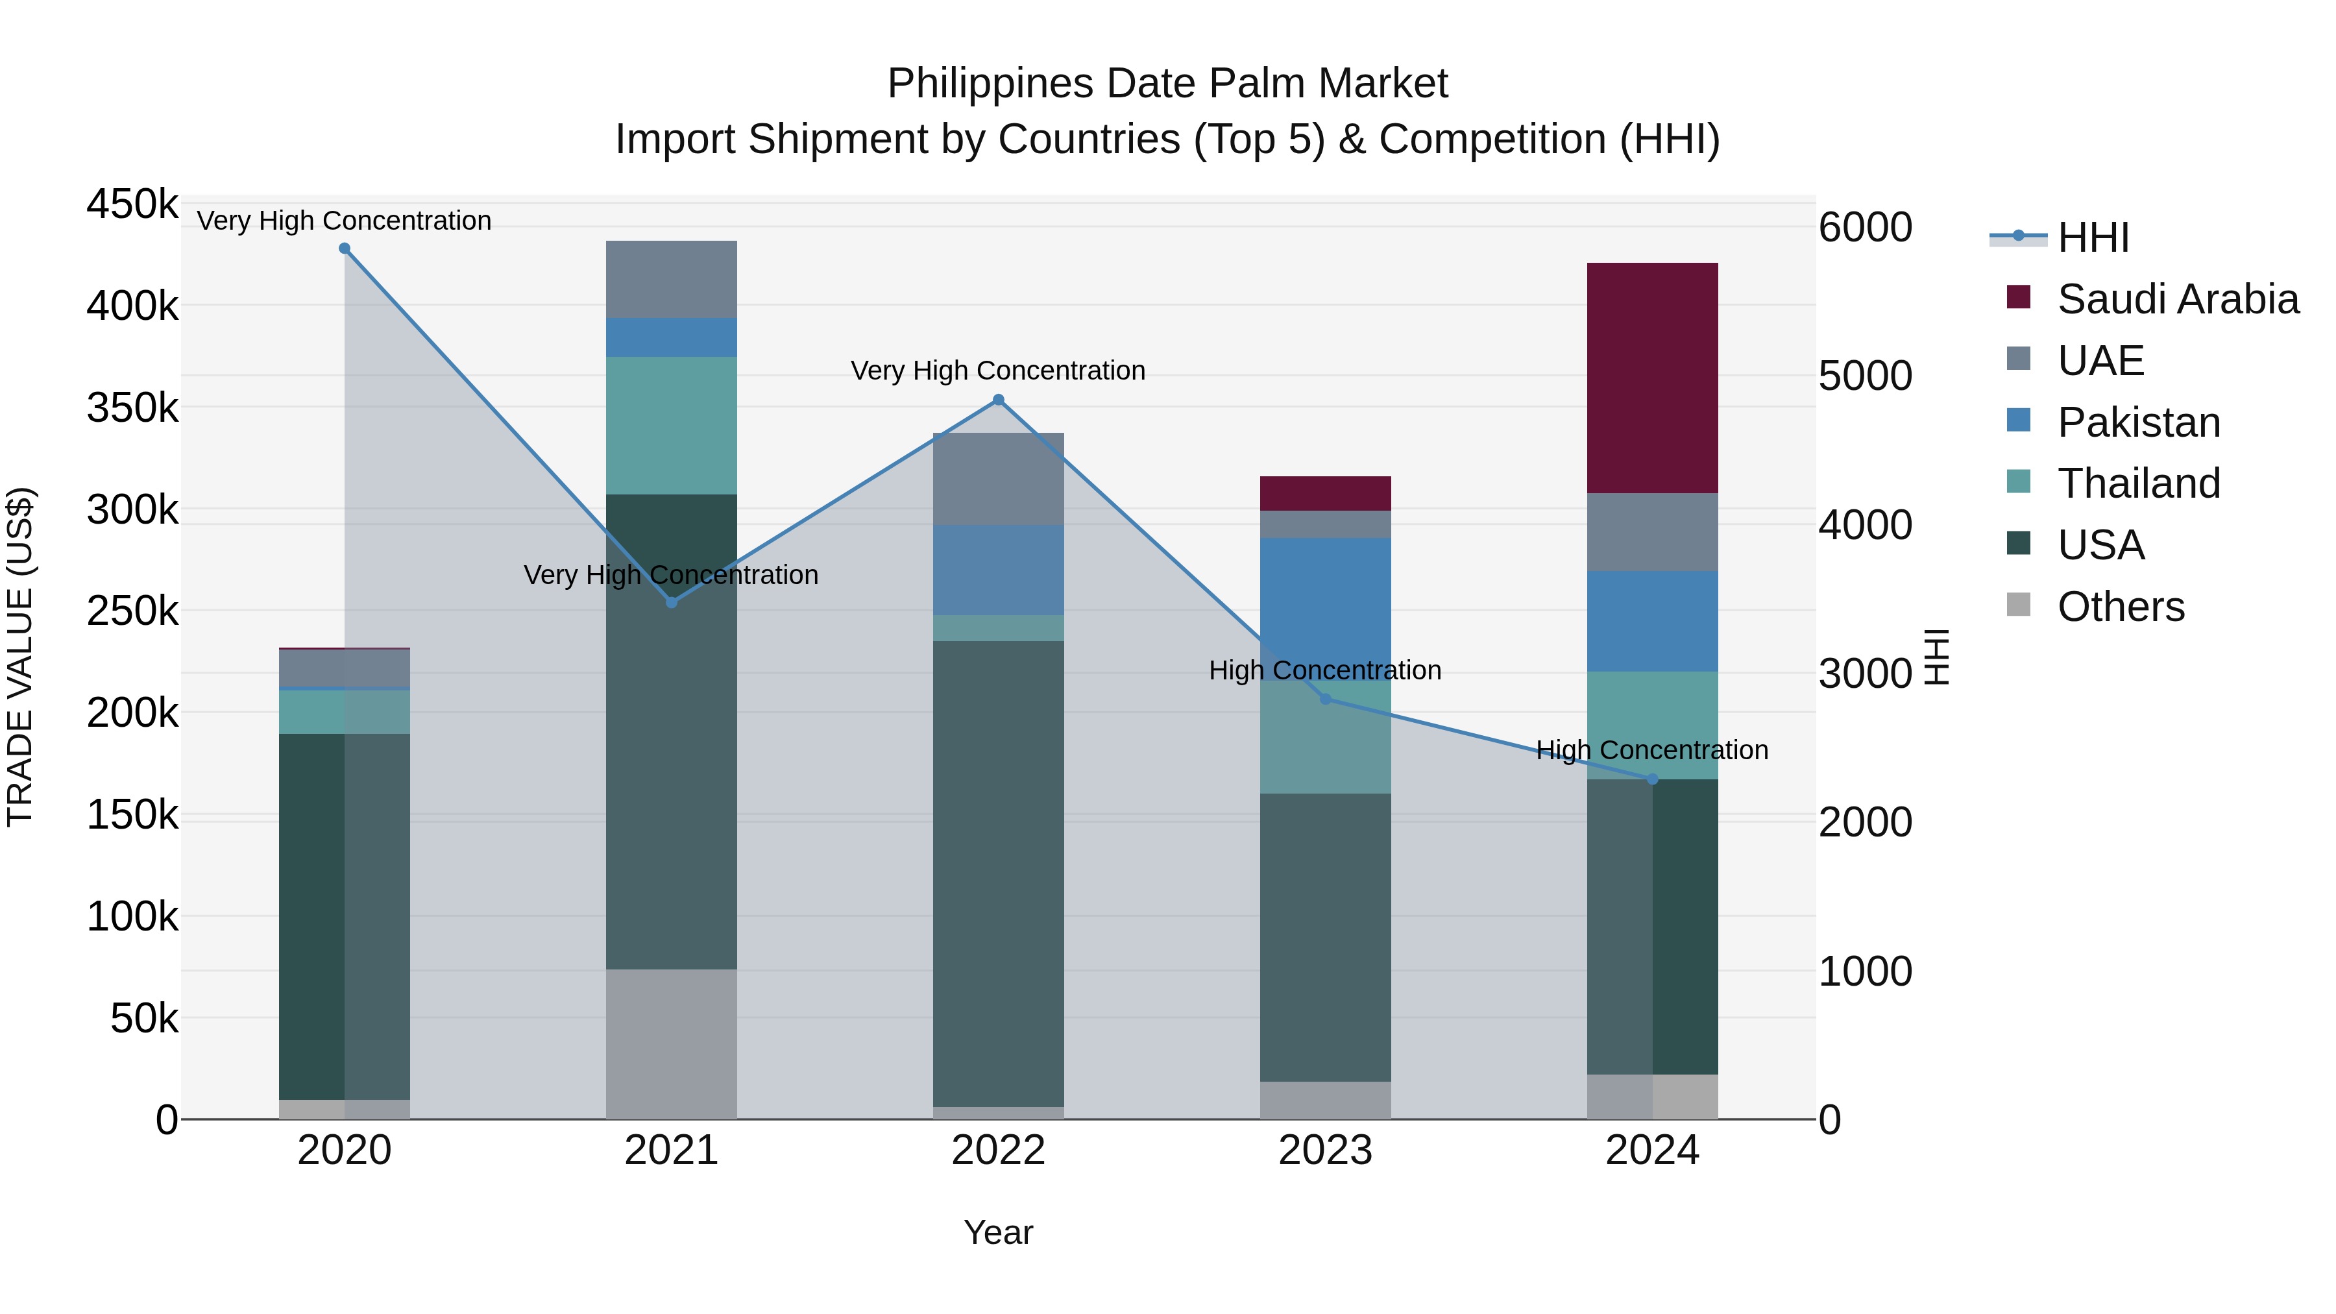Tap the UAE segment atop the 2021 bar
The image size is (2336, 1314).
click(x=671, y=279)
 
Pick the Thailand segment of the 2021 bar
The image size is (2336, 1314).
click(x=671, y=424)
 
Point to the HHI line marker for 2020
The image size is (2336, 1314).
click(x=345, y=249)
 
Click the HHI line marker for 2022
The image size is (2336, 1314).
click(x=999, y=400)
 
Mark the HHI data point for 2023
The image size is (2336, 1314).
click(x=1325, y=699)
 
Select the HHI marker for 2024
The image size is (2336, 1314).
click(x=1651, y=779)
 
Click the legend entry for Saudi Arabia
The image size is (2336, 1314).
click(x=2177, y=299)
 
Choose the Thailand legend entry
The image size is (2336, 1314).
click(x=2138, y=483)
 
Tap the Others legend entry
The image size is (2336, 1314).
click(x=2120, y=607)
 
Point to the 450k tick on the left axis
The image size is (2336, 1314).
click(x=132, y=205)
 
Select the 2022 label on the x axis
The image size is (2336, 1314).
click(x=999, y=1150)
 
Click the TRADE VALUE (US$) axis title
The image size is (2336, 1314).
click(x=21, y=657)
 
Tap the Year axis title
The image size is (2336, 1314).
click(x=999, y=1232)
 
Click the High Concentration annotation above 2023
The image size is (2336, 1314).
click(x=1325, y=671)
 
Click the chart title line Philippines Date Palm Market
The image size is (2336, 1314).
click(x=1167, y=84)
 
